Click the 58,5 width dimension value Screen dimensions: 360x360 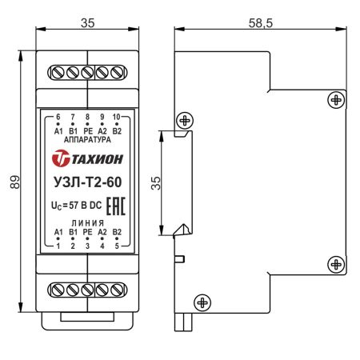(261, 23)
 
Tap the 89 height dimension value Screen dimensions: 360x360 (15, 182)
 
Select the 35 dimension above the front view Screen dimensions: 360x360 (87, 23)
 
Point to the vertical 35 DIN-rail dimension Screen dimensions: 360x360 (156, 183)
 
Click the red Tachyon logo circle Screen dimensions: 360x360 (61, 158)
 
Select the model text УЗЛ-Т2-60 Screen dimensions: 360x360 (87, 182)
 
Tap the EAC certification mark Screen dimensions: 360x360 (116, 206)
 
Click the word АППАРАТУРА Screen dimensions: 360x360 (87, 139)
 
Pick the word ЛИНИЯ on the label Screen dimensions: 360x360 (87, 223)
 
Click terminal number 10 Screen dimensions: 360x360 (117, 117)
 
